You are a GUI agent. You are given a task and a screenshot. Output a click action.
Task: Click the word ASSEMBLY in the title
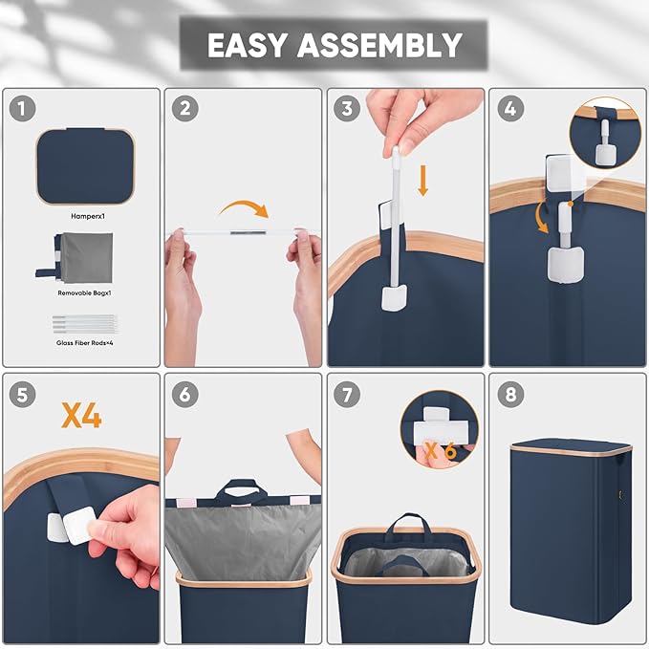pos(379,45)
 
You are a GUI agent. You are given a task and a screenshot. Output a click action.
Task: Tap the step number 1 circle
pos(22,108)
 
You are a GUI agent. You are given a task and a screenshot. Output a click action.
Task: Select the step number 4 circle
pos(510,108)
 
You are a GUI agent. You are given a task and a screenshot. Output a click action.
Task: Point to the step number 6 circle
pos(185,395)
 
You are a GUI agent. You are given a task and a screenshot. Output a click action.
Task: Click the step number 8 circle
pos(510,395)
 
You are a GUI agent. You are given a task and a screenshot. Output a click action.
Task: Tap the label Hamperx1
pos(88,216)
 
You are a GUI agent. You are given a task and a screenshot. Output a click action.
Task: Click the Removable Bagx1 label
pos(84,293)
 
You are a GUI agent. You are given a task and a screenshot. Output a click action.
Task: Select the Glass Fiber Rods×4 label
pos(85,343)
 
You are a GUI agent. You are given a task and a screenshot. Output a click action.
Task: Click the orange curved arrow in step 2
pos(245,207)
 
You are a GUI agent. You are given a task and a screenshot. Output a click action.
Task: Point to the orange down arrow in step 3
pos(422,181)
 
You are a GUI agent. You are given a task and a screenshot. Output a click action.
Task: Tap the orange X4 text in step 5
pos(81,415)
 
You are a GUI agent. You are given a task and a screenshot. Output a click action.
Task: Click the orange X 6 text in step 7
pos(441,451)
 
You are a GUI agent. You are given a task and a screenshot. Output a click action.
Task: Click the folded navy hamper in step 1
pos(85,166)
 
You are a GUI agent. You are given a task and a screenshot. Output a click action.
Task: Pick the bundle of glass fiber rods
pos(85,324)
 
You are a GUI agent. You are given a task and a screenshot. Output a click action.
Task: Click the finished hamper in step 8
pos(571,531)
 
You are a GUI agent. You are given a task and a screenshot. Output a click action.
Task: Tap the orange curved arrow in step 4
pos(541,217)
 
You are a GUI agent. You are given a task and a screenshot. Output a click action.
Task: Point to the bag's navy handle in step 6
pos(242,491)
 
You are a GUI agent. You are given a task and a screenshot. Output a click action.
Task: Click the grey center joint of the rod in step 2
pos(248,233)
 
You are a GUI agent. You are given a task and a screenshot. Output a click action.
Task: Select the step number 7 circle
pos(347,395)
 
